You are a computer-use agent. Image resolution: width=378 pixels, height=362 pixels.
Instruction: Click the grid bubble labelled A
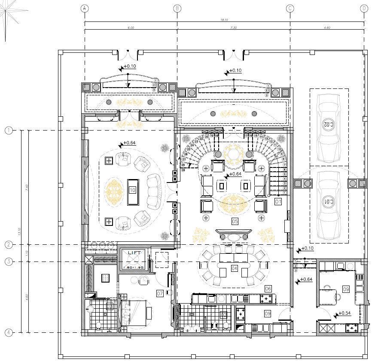85,8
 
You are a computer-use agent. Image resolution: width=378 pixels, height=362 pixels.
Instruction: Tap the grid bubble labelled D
364,8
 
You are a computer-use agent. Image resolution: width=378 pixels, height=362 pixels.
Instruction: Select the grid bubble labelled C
290,8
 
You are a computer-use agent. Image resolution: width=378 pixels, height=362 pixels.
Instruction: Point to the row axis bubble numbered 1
9,130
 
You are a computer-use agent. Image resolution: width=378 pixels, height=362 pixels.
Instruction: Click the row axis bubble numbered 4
9,333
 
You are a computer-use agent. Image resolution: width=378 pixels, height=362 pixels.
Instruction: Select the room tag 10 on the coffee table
132,190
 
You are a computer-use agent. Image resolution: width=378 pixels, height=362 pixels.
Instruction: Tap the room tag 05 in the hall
235,222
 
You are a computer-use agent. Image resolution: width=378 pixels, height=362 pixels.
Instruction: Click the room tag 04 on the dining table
235,268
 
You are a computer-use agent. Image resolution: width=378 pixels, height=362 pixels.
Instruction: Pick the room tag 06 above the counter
268,289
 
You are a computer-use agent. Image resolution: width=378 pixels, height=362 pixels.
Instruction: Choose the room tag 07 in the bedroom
160,294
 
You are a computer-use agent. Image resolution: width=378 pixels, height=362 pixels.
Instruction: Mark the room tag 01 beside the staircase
278,201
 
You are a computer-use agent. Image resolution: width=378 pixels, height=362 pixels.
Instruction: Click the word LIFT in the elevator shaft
133,253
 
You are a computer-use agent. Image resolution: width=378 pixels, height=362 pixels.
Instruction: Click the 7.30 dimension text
233,27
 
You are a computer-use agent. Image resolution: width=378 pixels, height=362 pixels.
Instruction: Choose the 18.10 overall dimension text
224,20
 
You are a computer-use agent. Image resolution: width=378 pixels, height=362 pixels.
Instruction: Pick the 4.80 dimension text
327,27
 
